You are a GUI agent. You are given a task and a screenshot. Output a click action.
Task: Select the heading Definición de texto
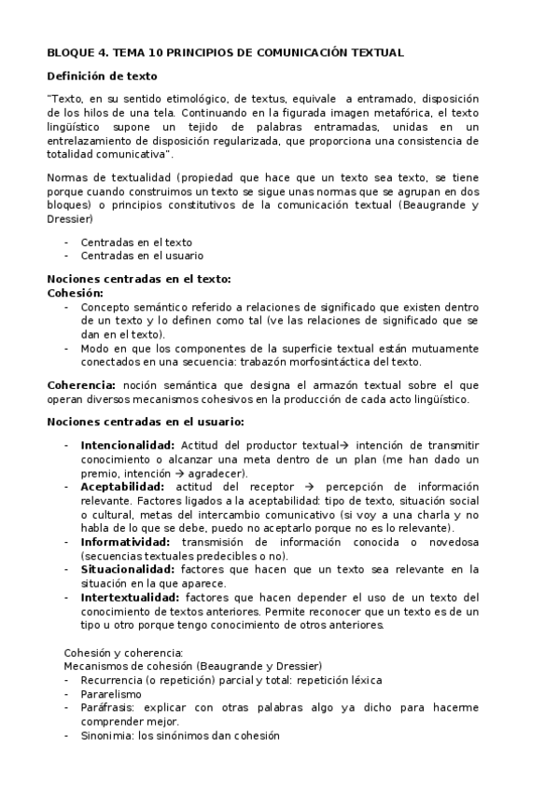tap(103, 76)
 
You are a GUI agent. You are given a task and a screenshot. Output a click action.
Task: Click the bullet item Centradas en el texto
tap(136, 242)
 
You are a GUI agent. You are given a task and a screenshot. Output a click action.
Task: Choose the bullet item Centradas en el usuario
tap(142, 255)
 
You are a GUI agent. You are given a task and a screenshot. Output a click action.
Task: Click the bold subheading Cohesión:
tap(75, 292)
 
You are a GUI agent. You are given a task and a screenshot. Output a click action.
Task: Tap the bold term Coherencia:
tap(82, 384)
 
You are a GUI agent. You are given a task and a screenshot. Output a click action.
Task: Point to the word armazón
tap(340, 384)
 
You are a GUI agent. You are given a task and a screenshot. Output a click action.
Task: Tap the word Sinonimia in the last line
tap(106, 735)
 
